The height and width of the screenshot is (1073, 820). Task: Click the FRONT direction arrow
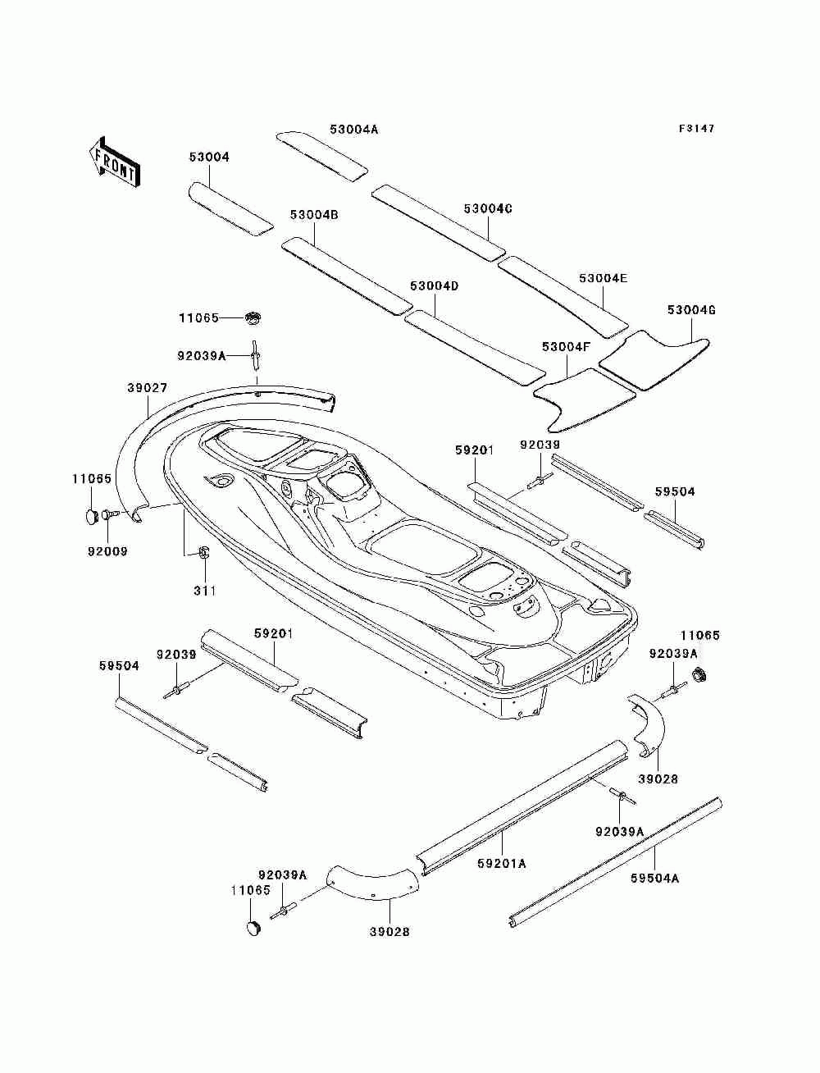(x=115, y=162)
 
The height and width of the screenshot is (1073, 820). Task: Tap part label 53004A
(x=353, y=129)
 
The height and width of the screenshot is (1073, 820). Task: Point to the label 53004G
(x=691, y=310)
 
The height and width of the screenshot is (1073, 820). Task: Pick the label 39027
(x=148, y=388)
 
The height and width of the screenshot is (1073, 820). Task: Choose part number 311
(x=205, y=591)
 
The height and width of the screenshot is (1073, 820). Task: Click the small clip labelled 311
(x=203, y=553)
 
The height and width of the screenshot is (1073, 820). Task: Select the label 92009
(x=107, y=551)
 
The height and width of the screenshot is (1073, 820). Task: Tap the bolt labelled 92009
(x=109, y=514)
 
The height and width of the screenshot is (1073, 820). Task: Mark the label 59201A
(x=501, y=864)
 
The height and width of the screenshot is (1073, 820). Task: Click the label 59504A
(x=655, y=879)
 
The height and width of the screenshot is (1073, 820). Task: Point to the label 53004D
(x=435, y=286)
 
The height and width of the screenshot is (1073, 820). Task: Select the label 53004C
(x=488, y=208)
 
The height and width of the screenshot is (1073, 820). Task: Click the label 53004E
(x=604, y=278)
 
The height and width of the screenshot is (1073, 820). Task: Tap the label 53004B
(x=314, y=215)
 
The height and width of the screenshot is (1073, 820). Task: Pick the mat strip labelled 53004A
(x=322, y=156)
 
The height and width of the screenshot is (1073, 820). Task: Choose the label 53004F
(x=567, y=347)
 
